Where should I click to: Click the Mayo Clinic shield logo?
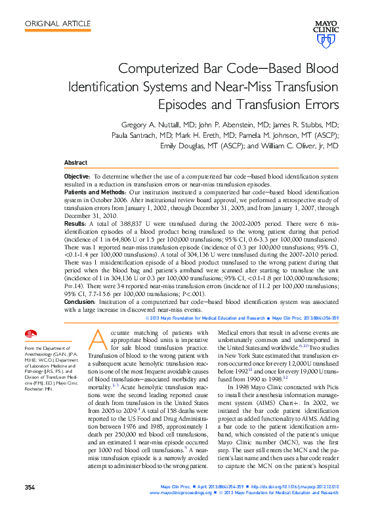(325, 41)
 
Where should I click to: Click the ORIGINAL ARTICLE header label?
(58, 24)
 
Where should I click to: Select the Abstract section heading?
(75, 162)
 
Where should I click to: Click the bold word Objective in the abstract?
(77, 177)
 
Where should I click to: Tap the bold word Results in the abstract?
(75, 224)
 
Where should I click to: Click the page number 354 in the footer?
(30, 487)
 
